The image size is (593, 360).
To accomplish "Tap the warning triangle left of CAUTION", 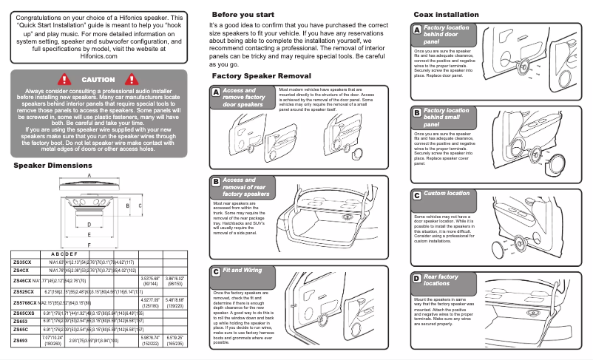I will click(x=64, y=79).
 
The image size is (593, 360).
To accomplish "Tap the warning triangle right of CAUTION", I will click(x=134, y=79).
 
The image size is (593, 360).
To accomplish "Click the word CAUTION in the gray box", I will click(x=98, y=79).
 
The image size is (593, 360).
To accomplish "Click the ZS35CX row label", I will click(x=22, y=262).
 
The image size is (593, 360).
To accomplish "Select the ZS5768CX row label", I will click(x=25, y=303).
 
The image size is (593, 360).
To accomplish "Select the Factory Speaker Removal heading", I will click(x=261, y=76).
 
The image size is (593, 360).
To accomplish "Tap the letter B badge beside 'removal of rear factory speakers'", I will click(x=216, y=182).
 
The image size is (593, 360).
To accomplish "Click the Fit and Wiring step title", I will click(x=243, y=271).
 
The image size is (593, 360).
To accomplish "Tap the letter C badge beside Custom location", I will click(x=417, y=194).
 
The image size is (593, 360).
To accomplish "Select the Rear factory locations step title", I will click(x=441, y=279).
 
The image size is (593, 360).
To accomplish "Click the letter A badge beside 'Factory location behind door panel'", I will click(x=417, y=30).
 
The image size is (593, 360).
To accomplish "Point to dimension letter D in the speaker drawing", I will click(x=89, y=223).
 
